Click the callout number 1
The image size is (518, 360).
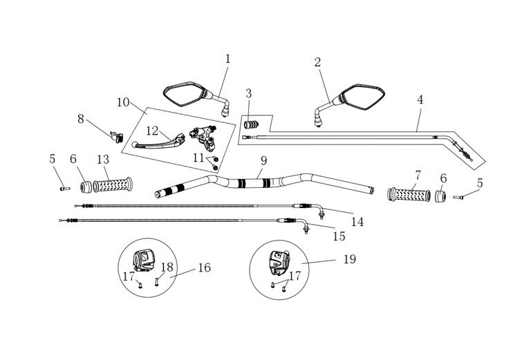coord(228,59)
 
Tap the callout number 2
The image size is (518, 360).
coord(317,61)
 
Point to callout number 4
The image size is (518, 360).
coord(420,100)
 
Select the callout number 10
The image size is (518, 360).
coord(123,102)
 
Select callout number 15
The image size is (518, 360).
coord(339,236)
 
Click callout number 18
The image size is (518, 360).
coord(167,267)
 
